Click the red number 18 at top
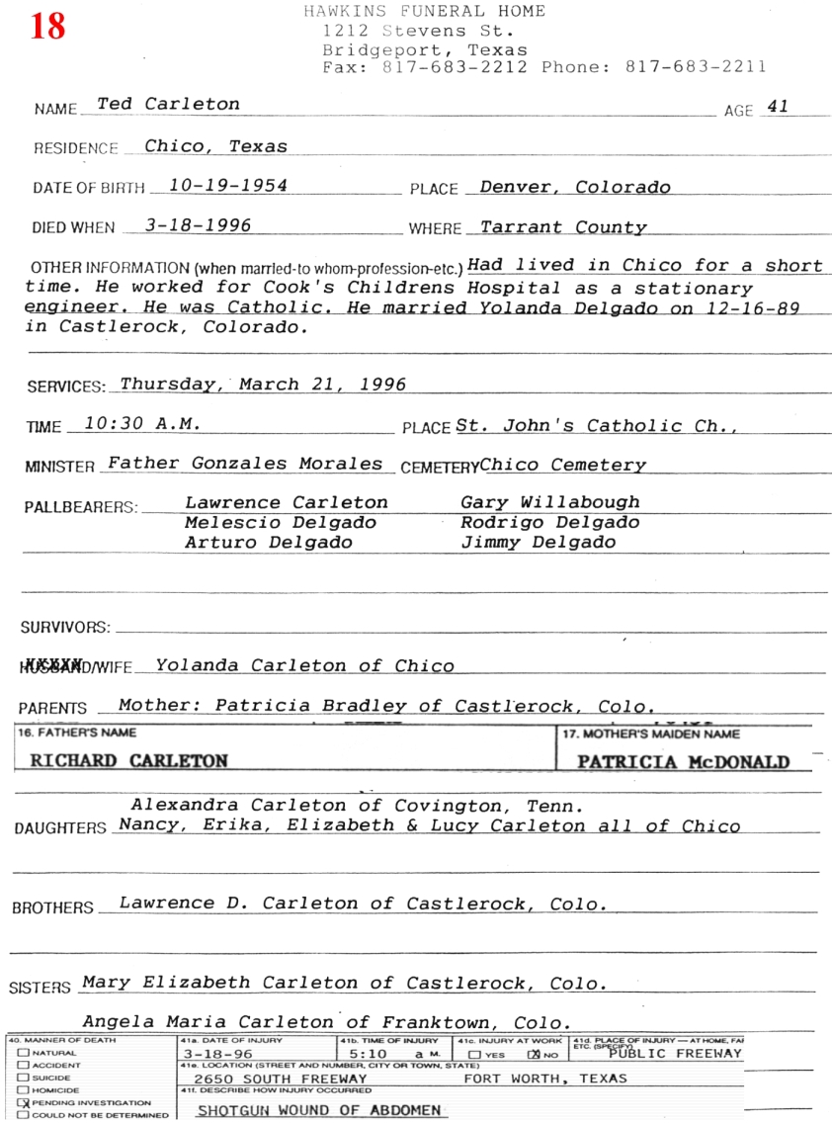coord(47,26)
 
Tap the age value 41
coord(778,107)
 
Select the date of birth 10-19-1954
coord(227,185)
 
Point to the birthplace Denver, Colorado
coord(574,187)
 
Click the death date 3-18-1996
coord(198,224)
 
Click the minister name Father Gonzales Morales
coord(244,463)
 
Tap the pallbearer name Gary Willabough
coord(549,502)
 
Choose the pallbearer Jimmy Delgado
coord(538,542)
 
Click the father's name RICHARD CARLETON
coord(128,761)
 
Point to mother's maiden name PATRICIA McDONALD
coord(683,762)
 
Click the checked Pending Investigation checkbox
coord(22,1102)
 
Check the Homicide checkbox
coord(22,1090)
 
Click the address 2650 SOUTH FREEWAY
coord(281,1079)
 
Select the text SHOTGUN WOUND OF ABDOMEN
coord(318,1110)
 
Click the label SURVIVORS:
coord(65,627)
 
